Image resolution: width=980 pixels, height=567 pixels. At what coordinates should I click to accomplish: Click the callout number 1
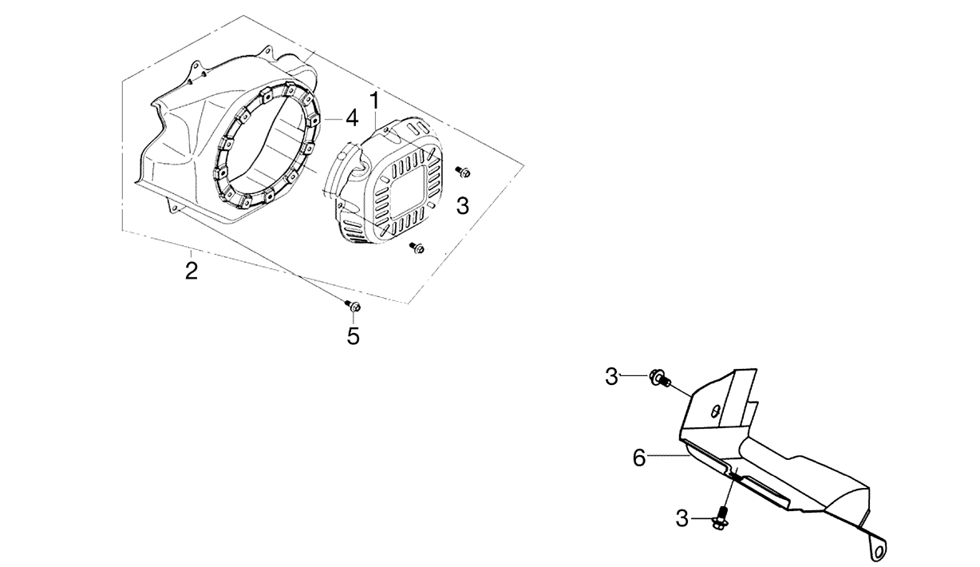[x=374, y=101]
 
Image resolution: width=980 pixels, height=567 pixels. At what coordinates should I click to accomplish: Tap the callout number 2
[x=192, y=271]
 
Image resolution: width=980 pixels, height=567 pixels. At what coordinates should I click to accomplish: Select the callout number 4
[x=352, y=118]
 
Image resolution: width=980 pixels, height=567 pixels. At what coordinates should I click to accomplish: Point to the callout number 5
[x=353, y=336]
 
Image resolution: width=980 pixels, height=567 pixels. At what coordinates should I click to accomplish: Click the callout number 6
[x=639, y=458]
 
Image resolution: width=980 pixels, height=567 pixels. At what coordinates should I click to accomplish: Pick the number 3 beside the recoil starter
[x=462, y=206]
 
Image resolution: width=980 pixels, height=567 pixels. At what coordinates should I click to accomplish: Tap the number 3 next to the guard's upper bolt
[x=611, y=377]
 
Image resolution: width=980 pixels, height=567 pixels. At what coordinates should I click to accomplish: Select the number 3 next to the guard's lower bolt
[x=682, y=519]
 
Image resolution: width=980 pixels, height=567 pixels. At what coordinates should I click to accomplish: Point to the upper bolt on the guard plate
[x=660, y=379]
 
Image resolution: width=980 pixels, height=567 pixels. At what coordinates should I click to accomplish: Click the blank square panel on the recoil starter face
[x=409, y=193]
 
